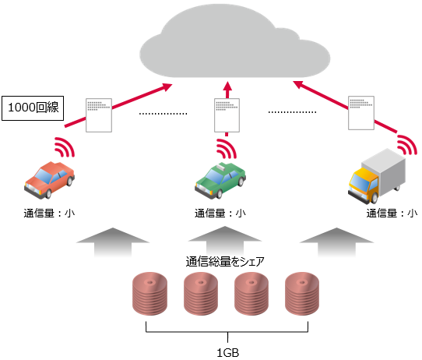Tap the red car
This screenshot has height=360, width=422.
[x=49, y=178]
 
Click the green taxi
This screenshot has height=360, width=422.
[x=220, y=180]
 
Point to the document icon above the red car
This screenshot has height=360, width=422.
[x=99, y=115]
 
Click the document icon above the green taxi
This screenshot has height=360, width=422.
[x=226, y=115]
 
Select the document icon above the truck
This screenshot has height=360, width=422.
[x=361, y=113]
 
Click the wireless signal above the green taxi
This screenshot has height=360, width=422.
[x=227, y=148]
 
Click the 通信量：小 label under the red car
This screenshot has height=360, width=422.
[x=48, y=212]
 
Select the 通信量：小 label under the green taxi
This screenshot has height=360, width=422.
[x=220, y=212]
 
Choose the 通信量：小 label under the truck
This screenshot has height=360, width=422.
[x=392, y=212]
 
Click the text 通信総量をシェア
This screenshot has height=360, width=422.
[x=226, y=261]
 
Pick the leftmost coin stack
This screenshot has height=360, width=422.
[x=149, y=293]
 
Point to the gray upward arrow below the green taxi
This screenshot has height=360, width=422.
[x=226, y=240]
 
